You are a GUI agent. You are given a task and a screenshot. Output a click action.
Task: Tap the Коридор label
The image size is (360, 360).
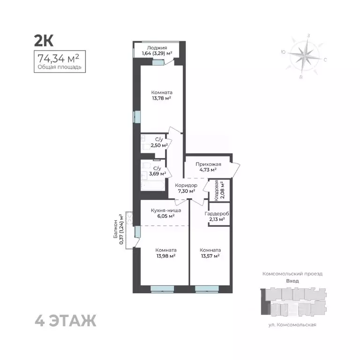click(x=186, y=186)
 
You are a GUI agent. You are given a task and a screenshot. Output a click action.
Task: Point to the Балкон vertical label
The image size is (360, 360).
click(x=115, y=230)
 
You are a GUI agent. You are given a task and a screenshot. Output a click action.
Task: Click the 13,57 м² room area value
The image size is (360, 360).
click(x=210, y=256)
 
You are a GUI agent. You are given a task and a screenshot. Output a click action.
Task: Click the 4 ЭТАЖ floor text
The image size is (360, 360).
click(x=66, y=321)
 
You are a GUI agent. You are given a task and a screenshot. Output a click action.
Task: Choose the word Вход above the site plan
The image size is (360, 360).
click(x=292, y=281)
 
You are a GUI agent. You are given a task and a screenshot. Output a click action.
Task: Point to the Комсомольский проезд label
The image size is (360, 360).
click(x=292, y=273)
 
